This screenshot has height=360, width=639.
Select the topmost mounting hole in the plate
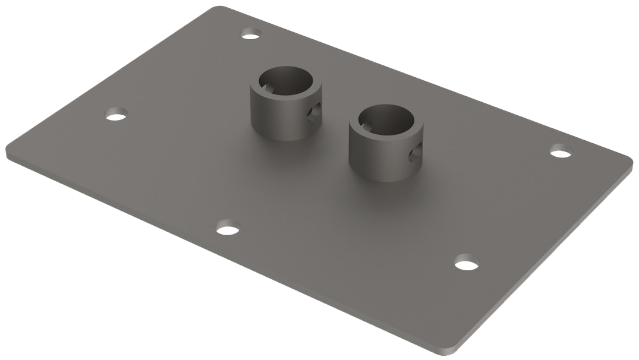(x=251, y=34)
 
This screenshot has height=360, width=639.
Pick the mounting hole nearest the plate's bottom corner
(x=467, y=262)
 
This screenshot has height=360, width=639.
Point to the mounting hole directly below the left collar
(x=228, y=228)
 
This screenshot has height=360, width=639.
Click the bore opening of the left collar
(x=285, y=81)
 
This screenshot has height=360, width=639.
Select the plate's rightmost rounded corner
(x=629, y=163)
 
